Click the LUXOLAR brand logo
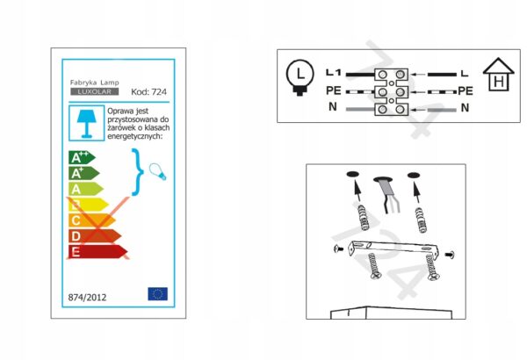[95, 91]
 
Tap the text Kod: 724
[148, 92]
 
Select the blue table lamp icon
[86, 123]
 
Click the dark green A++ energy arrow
[82, 158]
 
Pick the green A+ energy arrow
[84, 173]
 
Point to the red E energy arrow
[98, 251]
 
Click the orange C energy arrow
[92, 220]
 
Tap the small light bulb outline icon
[157, 172]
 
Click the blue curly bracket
[138, 172]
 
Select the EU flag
[157, 294]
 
